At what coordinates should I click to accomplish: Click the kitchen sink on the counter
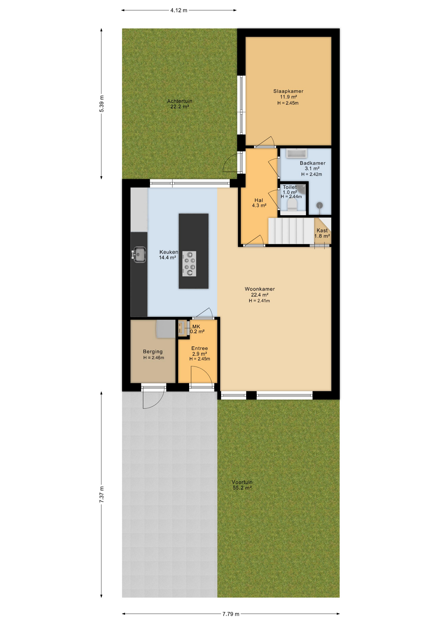coord(139,254)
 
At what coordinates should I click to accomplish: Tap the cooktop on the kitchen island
coord(189,264)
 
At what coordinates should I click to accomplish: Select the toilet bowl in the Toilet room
coord(292,205)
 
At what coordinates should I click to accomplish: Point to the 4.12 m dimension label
coord(179,10)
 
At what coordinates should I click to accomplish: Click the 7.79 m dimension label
coord(231,614)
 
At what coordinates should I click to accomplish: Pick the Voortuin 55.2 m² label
coord(242,485)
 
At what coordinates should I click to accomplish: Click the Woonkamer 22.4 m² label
coord(259,292)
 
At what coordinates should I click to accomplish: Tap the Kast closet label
coord(322,233)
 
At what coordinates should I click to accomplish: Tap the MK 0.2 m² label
coord(197,329)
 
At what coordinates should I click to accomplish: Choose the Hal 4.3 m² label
coord(259,203)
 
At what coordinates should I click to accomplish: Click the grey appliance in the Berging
coord(166,329)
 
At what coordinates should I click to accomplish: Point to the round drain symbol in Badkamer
coord(320,205)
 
